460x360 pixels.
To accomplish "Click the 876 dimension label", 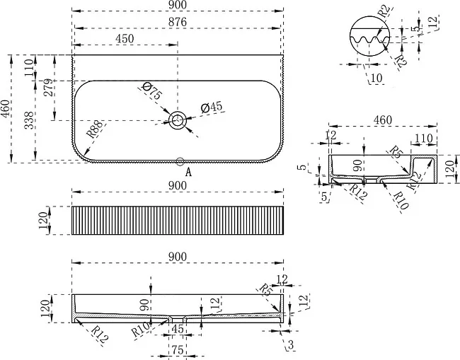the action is coord(178,23).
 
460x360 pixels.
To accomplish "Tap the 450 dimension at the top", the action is coord(125,39).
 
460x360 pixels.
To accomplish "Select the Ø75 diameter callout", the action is coord(151,91).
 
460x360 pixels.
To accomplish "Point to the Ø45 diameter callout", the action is coord(212,108).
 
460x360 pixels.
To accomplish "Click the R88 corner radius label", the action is coord(95,129).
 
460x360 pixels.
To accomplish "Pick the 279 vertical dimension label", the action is coord(49,88).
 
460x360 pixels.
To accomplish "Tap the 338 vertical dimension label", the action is coord(29,120).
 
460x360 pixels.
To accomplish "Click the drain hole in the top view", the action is coord(178,120).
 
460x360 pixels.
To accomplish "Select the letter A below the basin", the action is coord(188,172).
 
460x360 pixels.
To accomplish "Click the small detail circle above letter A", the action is coord(180,161).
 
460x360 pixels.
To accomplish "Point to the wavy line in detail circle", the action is coord(370,40).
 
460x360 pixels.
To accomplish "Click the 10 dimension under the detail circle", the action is coord(376,79).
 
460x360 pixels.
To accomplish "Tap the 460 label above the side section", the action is coord(383,120).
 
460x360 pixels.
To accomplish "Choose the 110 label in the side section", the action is coord(424,139).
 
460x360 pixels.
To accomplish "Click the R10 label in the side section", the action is coord(401,201).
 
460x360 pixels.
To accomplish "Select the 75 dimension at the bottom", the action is coord(178,349).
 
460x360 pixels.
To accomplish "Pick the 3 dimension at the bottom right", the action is coord(291,345).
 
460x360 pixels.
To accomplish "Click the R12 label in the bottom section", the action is coord(100,335).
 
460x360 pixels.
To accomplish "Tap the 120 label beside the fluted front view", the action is coord(43,221).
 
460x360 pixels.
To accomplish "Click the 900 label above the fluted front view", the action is coord(178,185).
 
